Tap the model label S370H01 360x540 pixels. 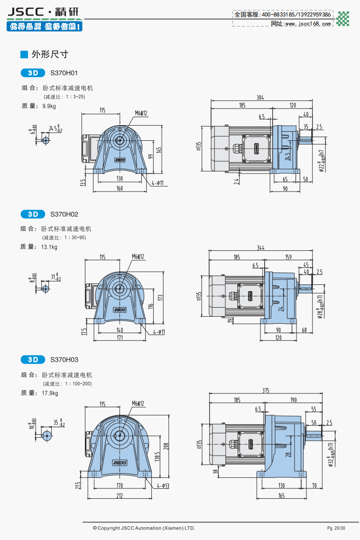[64, 73]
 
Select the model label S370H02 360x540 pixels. [64, 214]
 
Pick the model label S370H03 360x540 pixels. [64, 359]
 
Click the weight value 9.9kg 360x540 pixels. [49, 106]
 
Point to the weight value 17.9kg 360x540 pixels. [50, 393]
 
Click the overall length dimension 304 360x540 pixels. [260, 98]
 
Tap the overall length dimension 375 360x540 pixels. [265, 391]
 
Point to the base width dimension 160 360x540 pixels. [120, 188]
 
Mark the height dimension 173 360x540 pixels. [160, 297]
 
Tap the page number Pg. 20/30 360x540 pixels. [336, 528]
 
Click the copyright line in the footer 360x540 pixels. [144, 528]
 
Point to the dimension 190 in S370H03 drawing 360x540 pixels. [294, 400]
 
